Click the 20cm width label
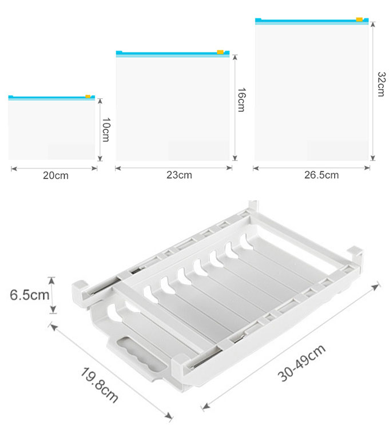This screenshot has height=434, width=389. coord(55,175)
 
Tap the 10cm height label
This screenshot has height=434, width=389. coord(106,130)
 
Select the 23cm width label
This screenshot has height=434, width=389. coord(179,175)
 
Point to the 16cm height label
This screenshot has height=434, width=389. coord(241,100)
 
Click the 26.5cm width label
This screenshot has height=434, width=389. coord(321,175)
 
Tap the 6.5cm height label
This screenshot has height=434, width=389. coord(29,295)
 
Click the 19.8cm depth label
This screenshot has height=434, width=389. coord(99,385)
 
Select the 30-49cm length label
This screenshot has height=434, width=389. coord(301,363)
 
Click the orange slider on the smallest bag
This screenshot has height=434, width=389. coord(88,97)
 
